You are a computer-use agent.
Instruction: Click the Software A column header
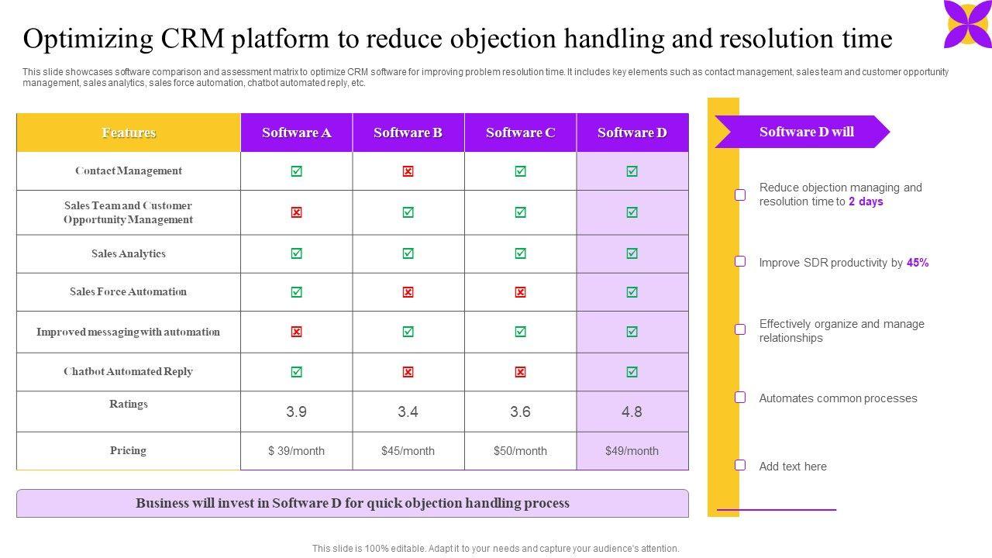click(296, 133)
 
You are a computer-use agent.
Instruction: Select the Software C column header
click(520, 133)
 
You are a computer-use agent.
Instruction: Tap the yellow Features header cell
click(129, 133)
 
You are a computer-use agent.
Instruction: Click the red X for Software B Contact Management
click(408, 171)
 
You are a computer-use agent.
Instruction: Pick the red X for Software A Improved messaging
click(296, 332)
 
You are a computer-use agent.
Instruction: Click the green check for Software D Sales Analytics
click(632, 253)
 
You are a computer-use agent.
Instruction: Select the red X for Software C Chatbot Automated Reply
click(520, 372)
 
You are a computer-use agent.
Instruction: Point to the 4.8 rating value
click(632, 412)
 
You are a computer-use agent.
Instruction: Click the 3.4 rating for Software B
click(408, 412)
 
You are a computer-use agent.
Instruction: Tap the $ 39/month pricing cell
click(296, 451)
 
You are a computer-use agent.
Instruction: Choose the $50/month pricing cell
click(520, 451)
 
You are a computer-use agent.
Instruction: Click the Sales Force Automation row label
click(128, 292)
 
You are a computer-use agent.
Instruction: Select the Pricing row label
click(128, 450)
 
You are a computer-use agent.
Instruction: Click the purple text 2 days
click(866, 201)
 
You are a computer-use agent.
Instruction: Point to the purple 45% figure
click(918, 263)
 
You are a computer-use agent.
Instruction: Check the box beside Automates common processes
click(740, 398)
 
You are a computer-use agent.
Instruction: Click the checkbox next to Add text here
click(740, 465)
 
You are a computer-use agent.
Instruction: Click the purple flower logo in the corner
click(966, 23)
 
